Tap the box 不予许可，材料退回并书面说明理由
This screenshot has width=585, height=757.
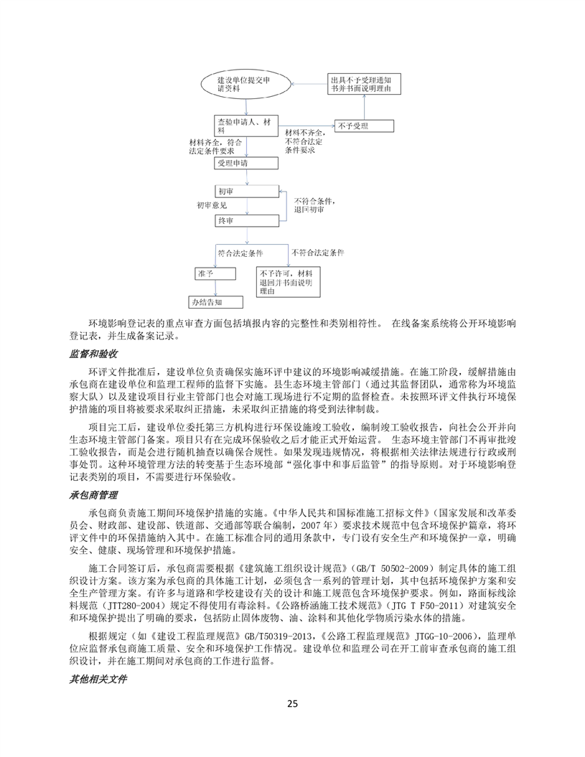[290, 283]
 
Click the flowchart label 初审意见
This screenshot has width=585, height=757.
[212, 206]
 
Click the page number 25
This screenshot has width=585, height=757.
[292, 702]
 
